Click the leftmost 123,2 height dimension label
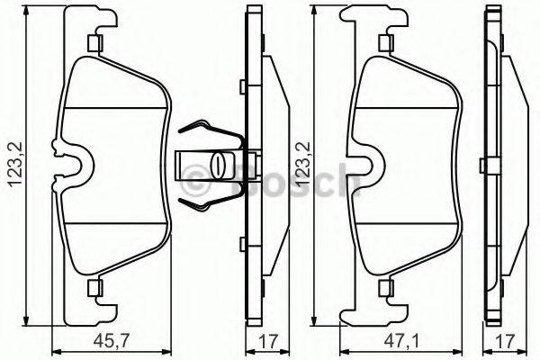point(13,166)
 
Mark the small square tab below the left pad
point(94,288)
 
